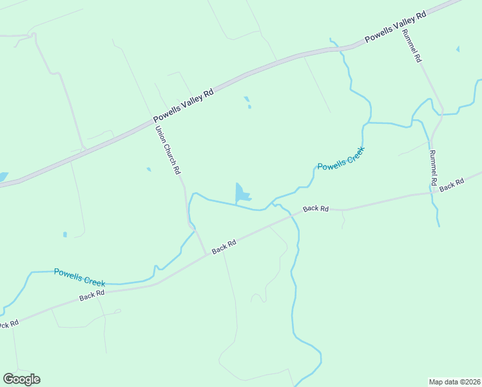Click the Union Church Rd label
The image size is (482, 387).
[168, 151]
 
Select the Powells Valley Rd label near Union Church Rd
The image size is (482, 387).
[184, 106]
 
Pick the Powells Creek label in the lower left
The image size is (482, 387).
[79, 278]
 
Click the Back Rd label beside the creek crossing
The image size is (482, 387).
[316, 208]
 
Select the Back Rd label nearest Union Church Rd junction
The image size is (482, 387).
[224, 246]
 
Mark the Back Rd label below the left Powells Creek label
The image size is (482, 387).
[92, 295]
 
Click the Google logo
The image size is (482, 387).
[21, 379]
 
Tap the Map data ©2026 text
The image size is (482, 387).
[454, 381]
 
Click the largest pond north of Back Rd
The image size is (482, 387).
[242, 193]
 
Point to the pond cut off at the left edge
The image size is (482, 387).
[3, 177]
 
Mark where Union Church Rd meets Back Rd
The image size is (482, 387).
[206, 254]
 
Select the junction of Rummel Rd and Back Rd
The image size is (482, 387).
[431, 192]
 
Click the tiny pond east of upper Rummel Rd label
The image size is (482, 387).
[458, 48]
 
